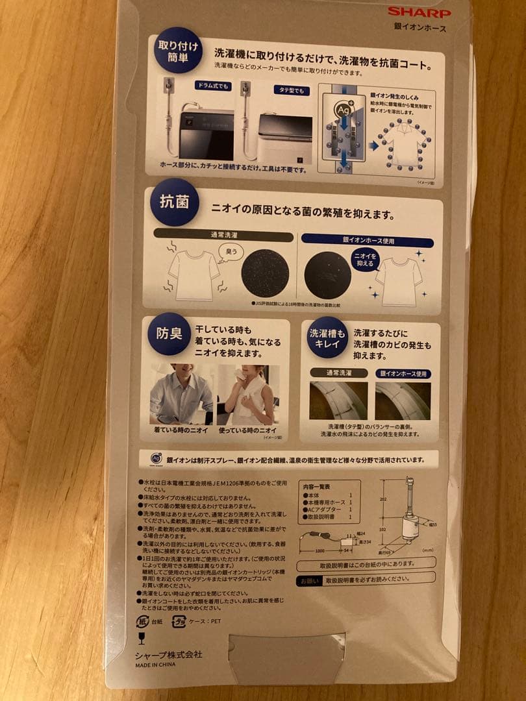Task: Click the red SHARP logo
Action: pos(419,12)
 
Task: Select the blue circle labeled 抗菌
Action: pos(174,202)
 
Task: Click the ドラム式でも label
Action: pos(213,86)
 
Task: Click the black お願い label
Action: pos(308,581)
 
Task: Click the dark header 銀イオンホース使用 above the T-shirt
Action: pos(369,239)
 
